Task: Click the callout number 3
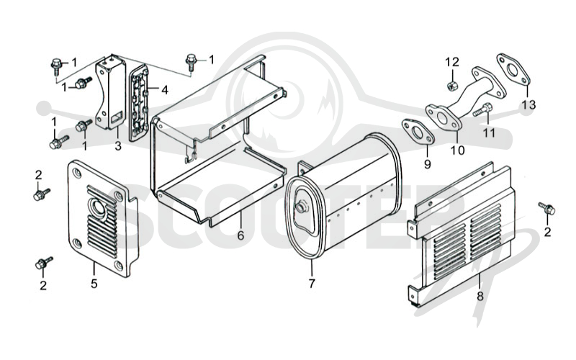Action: point(117,146)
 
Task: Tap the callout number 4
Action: point(165,89)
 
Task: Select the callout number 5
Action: point(94,284)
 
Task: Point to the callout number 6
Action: point(240,235)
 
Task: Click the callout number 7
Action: point(312,284)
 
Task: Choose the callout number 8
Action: point(480,296)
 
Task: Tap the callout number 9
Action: point(427,164)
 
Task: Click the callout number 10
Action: point(458,150)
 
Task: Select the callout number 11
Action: point(489,132)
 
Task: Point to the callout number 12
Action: point(452,62)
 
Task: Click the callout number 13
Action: point(529,105)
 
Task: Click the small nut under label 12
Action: point(451,86)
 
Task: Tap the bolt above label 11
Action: point(482,109)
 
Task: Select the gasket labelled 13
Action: point(513,70)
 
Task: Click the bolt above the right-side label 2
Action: point(547,208)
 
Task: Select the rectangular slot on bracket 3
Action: point(117,117)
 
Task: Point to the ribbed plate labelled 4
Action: point(138,103)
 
